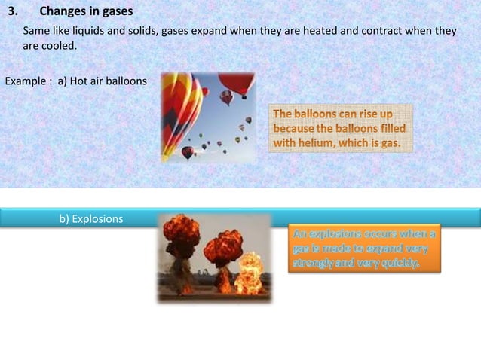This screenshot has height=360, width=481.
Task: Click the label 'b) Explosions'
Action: click(x=91, y=219)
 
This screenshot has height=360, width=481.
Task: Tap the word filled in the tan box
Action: click(x=390, y=128)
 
